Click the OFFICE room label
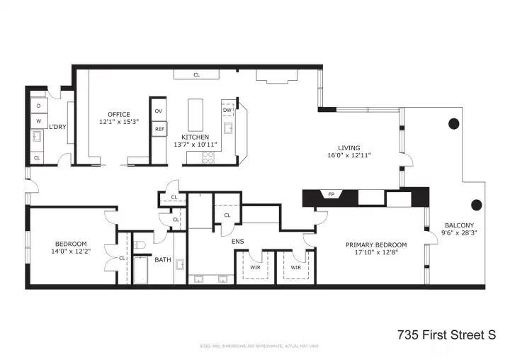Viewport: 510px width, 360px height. [119, 114]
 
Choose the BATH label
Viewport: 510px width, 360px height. [163, 259]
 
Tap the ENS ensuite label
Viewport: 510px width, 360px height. [237, 242]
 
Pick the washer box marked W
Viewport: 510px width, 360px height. [38, 122]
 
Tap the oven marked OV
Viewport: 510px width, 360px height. [159, 111]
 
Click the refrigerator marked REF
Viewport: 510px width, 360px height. [159, 129]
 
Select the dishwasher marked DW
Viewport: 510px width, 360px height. [227, 111]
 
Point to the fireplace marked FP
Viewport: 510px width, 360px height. [330, 193]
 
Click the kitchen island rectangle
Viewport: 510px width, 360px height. [195, 115]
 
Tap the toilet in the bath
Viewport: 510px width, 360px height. [140, 245]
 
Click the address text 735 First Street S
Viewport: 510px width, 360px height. [446, 333]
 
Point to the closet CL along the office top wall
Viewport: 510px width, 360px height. [196, 73]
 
